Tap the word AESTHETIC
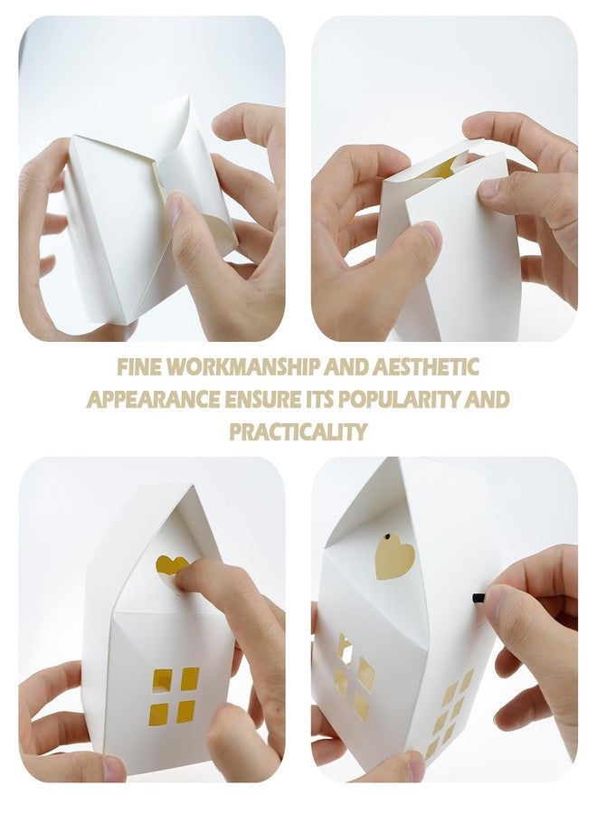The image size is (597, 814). (x=426, y=367)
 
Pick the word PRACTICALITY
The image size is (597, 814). (x=298, y=432)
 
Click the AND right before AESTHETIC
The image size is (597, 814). (x=346, y=367)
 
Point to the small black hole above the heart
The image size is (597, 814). (x=387, y=535)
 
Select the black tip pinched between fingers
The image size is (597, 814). (x=479, y=598)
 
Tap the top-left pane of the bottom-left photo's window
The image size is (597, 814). (x=162, y=679)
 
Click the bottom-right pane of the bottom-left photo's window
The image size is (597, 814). (x=185, y=711)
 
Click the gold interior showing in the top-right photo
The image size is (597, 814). (x=440, y=169)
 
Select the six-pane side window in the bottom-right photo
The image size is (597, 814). (x=450, y=713)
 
